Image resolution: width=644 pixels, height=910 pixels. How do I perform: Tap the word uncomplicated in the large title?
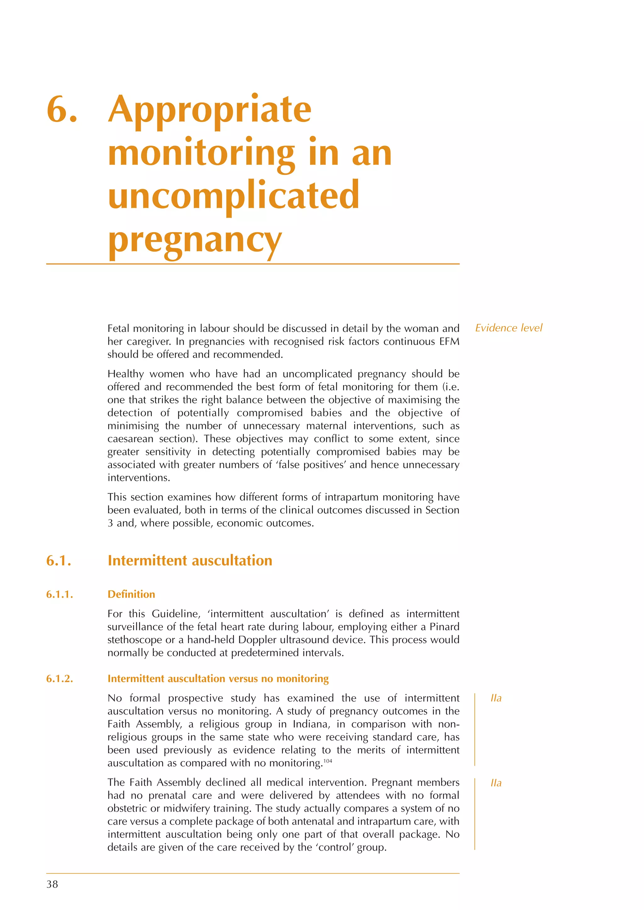pos(233,195)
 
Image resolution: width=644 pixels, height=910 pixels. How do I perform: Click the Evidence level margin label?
pos(508,328)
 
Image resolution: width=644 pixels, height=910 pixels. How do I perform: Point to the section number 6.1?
pos(59,561)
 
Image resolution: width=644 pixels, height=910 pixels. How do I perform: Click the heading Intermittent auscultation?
pos(190,561)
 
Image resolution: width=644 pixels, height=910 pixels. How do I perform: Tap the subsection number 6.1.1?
pos(59,594)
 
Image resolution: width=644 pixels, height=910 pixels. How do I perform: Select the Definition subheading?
pos(131,594)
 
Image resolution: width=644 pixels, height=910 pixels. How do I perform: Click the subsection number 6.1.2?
pos(59,679)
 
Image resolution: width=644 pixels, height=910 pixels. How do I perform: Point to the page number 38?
pos(52,884)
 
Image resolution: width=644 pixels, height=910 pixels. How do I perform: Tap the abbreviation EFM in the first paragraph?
pos(449,342)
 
